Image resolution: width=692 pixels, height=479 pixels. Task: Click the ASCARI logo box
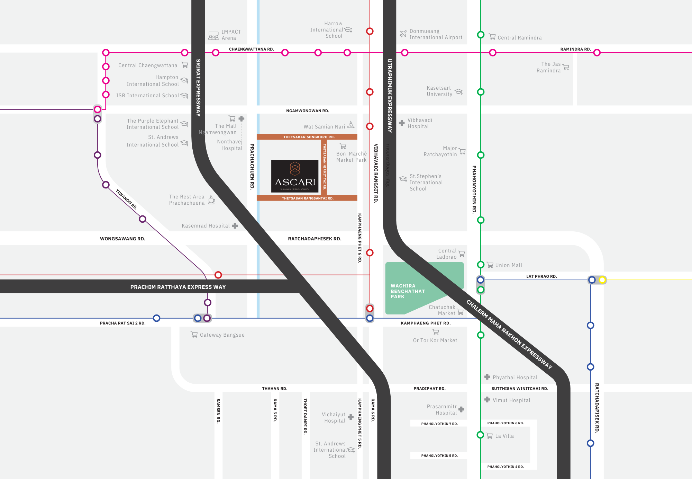pos(295,176)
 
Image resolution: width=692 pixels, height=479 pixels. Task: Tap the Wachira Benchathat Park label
pos(407,291)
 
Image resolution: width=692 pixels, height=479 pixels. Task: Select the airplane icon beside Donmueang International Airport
pos(403,34)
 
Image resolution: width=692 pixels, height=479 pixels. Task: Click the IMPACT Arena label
pos(231,35)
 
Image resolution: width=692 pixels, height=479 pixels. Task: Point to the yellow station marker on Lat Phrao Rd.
pos(602,280)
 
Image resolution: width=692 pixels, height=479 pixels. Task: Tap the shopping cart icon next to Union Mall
pos(490,265)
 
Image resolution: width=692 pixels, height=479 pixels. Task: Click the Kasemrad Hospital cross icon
pos(235,226)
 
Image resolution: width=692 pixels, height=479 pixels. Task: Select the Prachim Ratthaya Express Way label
pos(178,287)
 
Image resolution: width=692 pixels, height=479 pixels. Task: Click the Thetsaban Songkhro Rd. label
pos(309,137)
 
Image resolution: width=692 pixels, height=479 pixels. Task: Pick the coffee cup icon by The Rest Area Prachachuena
pos(211,200)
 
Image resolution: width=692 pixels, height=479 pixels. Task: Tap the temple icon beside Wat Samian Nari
pos(351,125)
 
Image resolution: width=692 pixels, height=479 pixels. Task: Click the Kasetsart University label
pos(439,91)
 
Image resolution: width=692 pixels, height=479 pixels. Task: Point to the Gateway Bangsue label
pos(222,335)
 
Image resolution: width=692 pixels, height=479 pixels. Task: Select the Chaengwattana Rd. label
pos(251,49)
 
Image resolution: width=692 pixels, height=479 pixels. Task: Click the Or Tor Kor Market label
pos(435,340)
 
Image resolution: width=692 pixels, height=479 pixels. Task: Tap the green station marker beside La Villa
pos(480,435)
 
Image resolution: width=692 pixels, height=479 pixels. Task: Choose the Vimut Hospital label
pos(511,400)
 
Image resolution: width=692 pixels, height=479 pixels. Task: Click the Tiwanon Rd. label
pos(126,199)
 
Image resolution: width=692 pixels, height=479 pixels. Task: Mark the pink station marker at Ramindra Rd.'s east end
pos(597,53)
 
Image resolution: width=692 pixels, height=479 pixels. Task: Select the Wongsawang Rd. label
pos(122,239)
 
